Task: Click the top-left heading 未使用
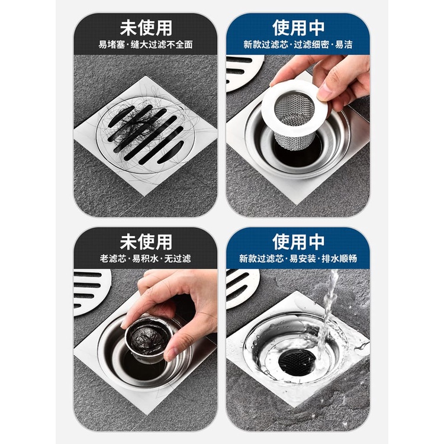point(146,28)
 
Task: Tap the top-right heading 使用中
point(298,28)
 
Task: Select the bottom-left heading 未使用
point(146,242)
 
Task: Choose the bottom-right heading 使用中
point(298,242)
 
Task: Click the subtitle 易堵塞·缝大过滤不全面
point(146,44)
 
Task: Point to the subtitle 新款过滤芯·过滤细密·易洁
point(298,44)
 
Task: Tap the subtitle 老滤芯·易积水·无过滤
point(145,258)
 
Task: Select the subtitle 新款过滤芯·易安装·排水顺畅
point(298,258)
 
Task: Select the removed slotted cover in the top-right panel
point(244,72)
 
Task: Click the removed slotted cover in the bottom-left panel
point(91,292)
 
